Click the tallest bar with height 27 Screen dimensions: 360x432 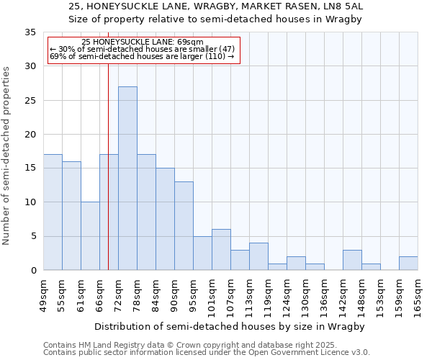click(127, 178)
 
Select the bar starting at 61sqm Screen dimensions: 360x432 click(90, 236)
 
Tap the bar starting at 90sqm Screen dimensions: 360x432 click(184, 226)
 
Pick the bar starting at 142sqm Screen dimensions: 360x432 click(352, 260)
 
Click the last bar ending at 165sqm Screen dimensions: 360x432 click(408, 264)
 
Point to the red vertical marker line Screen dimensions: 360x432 click(108, 166)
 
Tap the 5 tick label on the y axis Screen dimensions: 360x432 click(33, 236)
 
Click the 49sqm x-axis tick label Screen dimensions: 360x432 click(43, 295)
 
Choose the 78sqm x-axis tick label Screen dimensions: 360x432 click(137, 295)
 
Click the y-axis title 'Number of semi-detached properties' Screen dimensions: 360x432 click(6, 155)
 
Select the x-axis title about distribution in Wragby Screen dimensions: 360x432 click(230, 327)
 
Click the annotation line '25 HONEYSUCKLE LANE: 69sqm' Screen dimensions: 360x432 click(143, 42)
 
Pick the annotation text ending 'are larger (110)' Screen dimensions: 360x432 click(143, 58)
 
